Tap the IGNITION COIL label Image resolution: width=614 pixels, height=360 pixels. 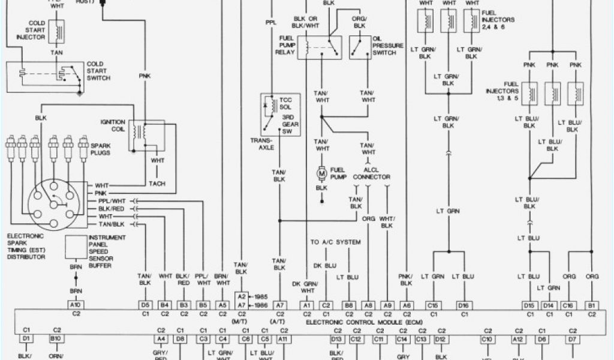tap(113, 127)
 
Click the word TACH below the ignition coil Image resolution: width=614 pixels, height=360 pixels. tap(157, 184)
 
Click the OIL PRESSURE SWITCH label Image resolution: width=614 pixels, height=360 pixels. tap(384, 45)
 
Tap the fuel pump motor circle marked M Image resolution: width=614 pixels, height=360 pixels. tap(321, 173)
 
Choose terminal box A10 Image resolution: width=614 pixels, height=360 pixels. tap(76, 305)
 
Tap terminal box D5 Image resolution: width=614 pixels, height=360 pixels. tap(145, 305)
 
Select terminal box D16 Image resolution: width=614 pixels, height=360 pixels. tap(463, 305)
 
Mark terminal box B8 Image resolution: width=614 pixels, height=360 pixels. tap(348, 305)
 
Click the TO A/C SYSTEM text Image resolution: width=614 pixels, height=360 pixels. tap(335, 242)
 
